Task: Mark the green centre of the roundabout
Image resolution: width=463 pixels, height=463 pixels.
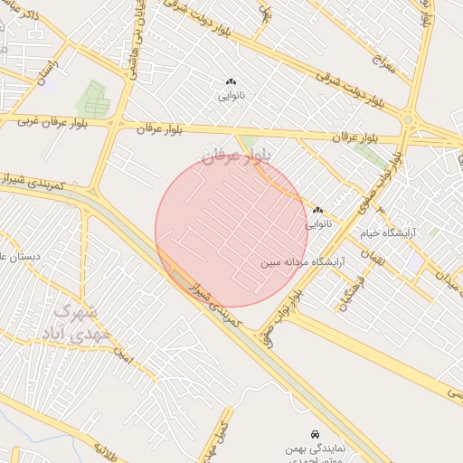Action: (x=408, y=119)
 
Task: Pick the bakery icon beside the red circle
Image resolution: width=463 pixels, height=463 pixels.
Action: (x=317, y=210)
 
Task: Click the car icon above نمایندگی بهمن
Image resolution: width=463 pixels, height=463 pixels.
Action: (x=314, y=435)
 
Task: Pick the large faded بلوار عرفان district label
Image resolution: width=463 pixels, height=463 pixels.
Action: (x=235, y=156)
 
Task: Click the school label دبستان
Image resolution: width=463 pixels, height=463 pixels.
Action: (x=20, y=257)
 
